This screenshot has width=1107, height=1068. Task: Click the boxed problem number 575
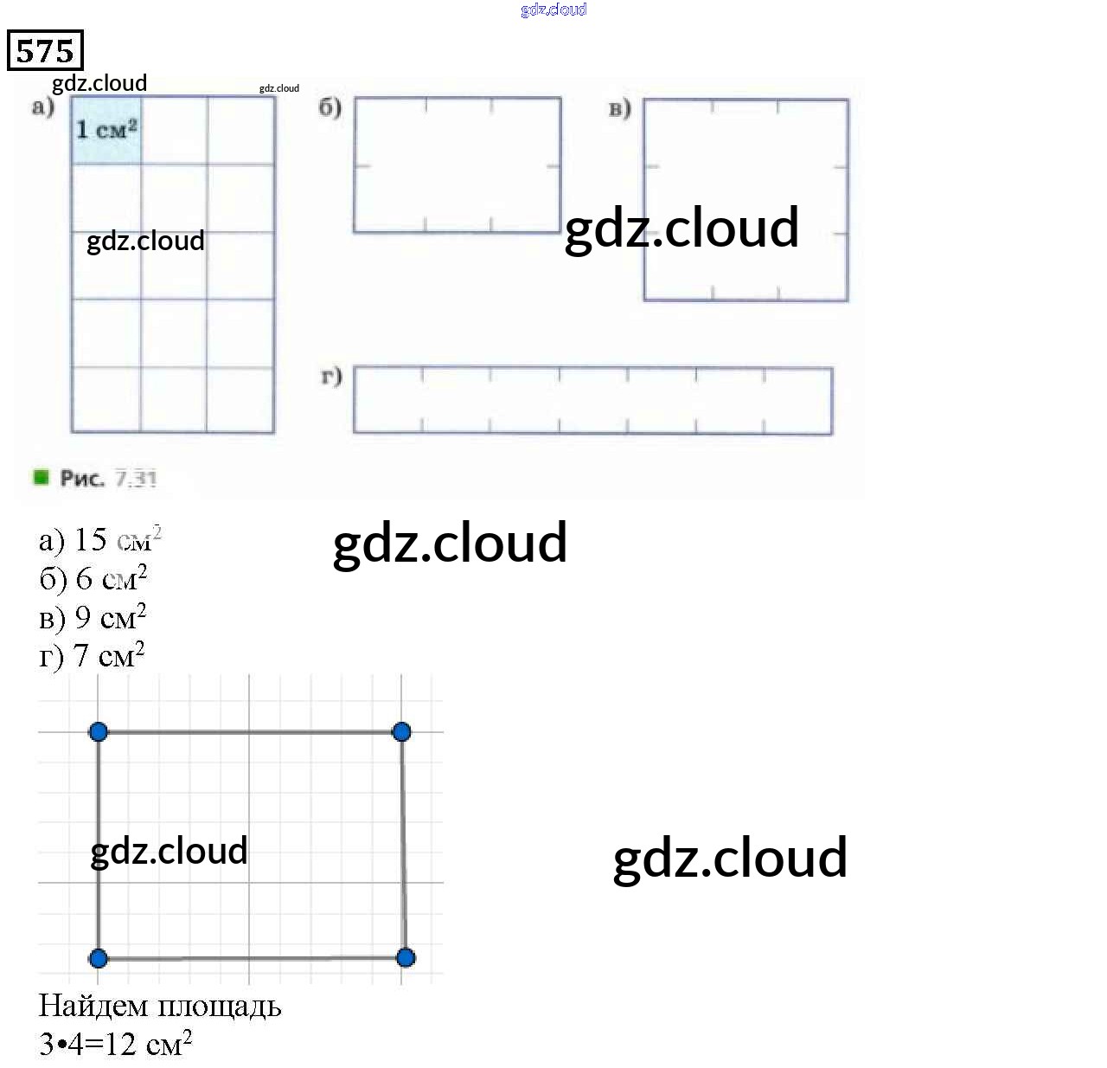(45, 50)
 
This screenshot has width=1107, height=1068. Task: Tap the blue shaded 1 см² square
(106, 130)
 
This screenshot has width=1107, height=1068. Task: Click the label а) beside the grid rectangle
(42, 107)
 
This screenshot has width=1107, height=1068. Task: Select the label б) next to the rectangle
(330, 107)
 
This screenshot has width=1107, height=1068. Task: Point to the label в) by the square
(619, 108)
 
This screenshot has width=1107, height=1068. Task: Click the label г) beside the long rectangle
(331, 376)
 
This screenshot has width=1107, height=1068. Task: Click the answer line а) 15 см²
(99, 540)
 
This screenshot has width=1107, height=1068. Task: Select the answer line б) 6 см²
(93, 578)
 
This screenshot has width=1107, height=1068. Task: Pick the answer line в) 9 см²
(93, 617)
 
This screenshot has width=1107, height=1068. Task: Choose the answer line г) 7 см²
(92, 655)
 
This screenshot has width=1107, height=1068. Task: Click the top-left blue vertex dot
(99, 732)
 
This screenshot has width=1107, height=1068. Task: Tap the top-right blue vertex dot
(401, 732)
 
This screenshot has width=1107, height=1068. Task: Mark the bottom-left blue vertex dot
(99, 958)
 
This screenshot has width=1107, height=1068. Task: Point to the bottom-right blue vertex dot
(406, 957)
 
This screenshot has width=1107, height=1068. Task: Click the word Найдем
(93, 1006)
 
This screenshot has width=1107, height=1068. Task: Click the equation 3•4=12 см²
(115, 1044)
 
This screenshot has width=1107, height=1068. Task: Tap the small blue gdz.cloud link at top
(553, 10)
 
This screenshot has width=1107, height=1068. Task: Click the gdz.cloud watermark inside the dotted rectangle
(169, 851)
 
